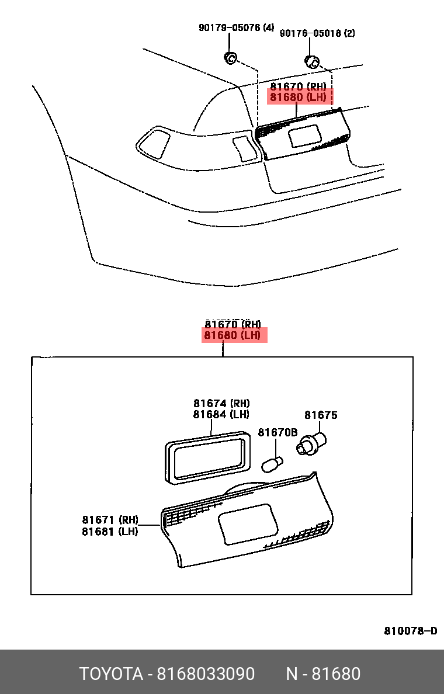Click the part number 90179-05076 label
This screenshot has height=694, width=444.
[x=236, y=27]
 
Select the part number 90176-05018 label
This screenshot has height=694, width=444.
[x=317, y=33]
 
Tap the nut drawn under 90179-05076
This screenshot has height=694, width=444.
[x=230, y=57]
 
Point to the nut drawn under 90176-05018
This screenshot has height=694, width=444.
[x=313, y=62]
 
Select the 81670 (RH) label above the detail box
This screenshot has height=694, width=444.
[x=233, y=324]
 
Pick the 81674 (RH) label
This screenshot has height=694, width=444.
[x=221, y=403]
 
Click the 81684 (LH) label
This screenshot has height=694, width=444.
[x=221, y=414]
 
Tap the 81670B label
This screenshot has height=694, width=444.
[x=278, y=432]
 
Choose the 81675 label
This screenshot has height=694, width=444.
[x=321, y=415]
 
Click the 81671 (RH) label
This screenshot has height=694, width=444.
[x=110, y=520]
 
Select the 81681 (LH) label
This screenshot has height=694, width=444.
[x=110, y=532]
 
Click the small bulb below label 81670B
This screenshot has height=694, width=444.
[x=272, y=465]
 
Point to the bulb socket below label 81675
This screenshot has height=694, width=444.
[x=311, y=443]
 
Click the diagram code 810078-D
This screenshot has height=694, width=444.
[x=410, y=631]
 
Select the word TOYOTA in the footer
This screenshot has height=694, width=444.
[x=111, y=674]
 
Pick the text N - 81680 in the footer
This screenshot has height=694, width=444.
[x=323, y=674]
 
